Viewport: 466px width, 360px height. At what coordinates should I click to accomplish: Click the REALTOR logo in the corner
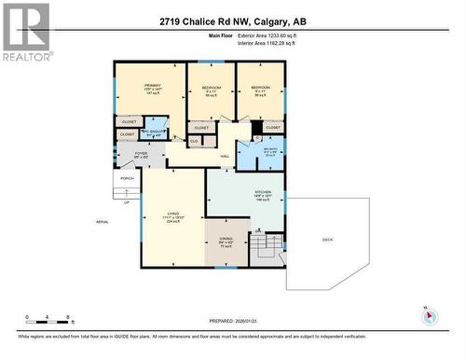(25, 32)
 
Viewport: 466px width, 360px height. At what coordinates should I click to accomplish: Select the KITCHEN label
(263, 197)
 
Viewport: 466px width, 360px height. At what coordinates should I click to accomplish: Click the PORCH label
(127, 179)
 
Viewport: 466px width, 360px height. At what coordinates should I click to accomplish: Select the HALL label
(225, 157)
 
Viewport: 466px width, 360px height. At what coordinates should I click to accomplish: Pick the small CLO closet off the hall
(195, 141)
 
